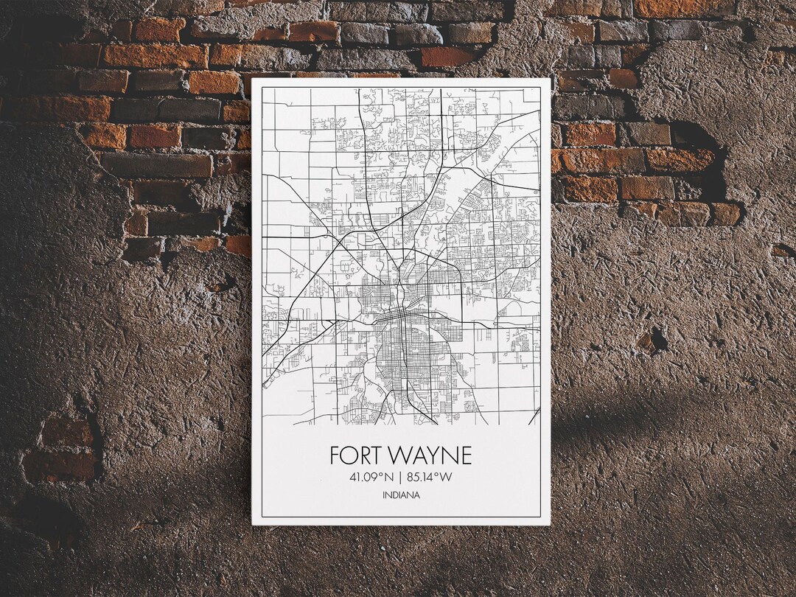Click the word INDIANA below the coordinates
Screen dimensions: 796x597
click(x=401, y=495)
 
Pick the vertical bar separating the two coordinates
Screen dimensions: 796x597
click(x=400, y=478)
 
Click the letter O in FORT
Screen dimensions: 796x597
click(x=349, y=455)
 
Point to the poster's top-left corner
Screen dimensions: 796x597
click(x=253, y=79)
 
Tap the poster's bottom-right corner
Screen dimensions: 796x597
click(x=550, y=524)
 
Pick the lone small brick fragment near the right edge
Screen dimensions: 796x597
click(x=781, y=251)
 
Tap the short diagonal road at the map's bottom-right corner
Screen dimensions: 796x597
click(x=534, y=416)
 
